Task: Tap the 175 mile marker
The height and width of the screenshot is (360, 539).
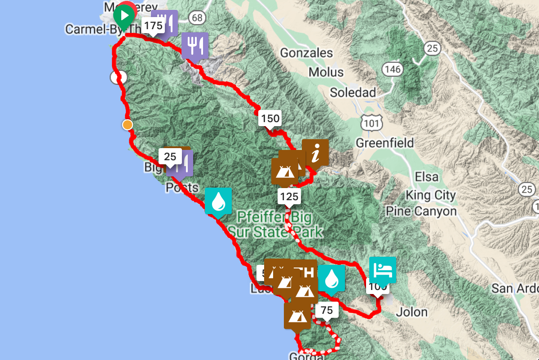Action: pyautogui.click(x=153, y=25)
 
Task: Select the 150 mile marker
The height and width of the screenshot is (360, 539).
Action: pyautogui.click(x=269, y=119)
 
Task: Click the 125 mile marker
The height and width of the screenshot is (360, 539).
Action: pyautogui.click(x=288, y=196)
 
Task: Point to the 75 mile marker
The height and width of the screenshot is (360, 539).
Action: pyautogui.click(x=327, y=310)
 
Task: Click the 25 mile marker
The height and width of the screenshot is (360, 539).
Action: pyautogui.click(x=170, y=157)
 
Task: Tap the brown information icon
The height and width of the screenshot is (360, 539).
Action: pyautogui.click(x=315, y=153)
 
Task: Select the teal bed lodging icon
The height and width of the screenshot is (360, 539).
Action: pyautogui.click(x=382, y=269)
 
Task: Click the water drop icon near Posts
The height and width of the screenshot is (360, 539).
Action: pyautogui.click(x=218, y=201)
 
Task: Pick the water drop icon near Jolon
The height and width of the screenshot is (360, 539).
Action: pyautogui.click(x=331, y=278)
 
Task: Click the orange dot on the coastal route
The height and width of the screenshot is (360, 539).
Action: pyautogui.click(x=128, y=125)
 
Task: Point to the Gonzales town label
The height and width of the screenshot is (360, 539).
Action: pyautogui.click(x=307, y=53)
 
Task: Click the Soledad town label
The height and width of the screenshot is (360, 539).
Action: pyautogui.click(x=353, y=92)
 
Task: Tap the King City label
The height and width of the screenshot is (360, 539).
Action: pyautogui.click(x=430, y=195)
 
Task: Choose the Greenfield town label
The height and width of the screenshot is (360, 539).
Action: pyautogui.click(x=385, y=143)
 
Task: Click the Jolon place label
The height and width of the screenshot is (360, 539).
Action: pyautogui.click(x=413, y=312)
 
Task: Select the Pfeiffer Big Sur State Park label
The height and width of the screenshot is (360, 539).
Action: pyautogui.click(x=275, y=225)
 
